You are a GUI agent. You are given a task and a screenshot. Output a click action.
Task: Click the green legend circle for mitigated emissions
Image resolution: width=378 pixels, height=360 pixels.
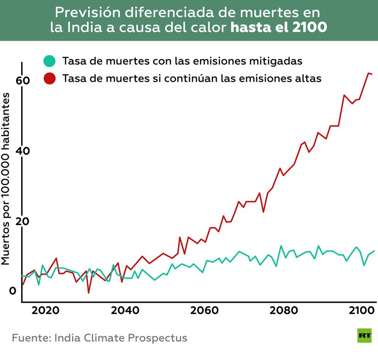(49, 61)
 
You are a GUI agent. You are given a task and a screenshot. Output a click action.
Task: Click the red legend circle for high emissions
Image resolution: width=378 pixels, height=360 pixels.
(49, 78)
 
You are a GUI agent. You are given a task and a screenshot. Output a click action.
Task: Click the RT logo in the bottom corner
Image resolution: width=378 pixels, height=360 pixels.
(365, 336)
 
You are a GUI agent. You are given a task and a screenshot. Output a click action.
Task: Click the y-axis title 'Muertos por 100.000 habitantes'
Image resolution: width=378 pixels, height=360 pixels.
(6, 178)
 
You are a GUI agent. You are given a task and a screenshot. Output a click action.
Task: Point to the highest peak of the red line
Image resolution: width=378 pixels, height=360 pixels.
(368, 73)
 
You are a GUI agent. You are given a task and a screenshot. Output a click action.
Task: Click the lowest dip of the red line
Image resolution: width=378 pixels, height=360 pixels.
(89, 292)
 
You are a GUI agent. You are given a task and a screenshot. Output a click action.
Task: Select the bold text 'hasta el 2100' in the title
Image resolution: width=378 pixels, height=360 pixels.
(278, 27)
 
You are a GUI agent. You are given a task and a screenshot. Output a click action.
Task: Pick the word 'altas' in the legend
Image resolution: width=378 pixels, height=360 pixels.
(308, 78)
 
